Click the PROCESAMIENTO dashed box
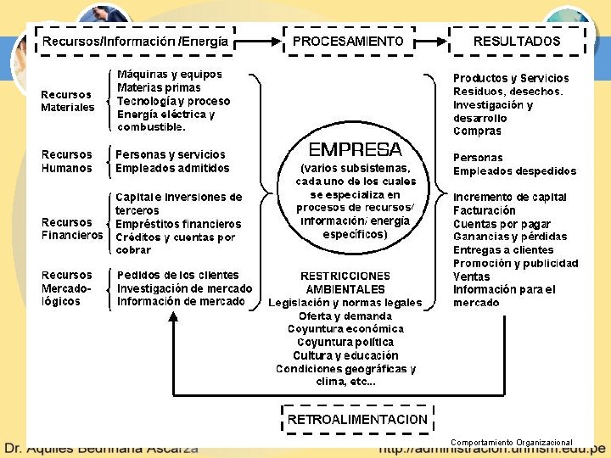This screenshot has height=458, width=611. pos(348,41)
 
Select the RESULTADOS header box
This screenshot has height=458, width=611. pos(517,41)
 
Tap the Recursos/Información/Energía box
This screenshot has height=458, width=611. pos(135,41)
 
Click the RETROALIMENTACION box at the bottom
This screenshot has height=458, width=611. pos(357,419)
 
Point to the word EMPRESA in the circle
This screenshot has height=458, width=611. pos(355,150)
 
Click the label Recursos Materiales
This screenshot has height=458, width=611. pos(68,101)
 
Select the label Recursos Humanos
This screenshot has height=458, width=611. pos(67,161)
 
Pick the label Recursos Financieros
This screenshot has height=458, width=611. pos(72,229)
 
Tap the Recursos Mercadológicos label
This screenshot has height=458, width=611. pos(67,288)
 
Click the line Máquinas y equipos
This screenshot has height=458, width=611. pos(169,75)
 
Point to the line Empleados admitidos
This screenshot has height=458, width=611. pos(172,168)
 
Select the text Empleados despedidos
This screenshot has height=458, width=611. pos(514,170)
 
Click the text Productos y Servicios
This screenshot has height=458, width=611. pos(511,78)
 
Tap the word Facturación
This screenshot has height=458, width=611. pos(485,210)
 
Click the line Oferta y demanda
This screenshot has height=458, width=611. pos(345,316)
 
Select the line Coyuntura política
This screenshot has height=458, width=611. pos(345,342)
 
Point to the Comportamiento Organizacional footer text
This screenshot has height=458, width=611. pos(512,443)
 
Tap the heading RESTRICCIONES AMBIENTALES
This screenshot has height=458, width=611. pos(345,282)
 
